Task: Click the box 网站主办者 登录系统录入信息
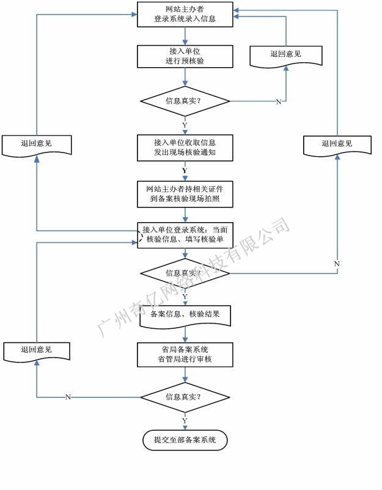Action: click(185, 15)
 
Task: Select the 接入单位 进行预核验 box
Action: click(185, 56)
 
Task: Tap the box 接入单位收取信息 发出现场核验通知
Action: click(185, 147)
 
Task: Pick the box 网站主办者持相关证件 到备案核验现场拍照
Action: click(185, 193)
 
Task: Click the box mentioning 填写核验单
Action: click(185, 235)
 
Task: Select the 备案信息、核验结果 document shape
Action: click(185, 315)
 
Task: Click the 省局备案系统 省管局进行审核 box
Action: click(185, 355)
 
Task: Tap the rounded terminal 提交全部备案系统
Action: click(185, 439)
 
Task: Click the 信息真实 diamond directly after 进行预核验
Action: click(185, 101)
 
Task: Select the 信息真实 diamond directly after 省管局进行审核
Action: click(185, 397)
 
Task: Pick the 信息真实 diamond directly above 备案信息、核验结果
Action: click(185, 273)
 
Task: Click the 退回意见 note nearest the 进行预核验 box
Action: click(285, 54)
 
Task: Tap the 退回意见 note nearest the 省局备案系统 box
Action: click(36, 350)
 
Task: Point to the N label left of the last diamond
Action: click(68, 397)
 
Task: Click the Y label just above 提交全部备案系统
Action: click(185, 421)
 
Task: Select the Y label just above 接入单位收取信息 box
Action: click(185, 124)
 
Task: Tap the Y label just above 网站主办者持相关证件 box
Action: click(185, 170)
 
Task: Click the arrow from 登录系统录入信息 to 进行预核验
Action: click(185, 36)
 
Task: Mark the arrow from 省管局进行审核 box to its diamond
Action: click(185, 375)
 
